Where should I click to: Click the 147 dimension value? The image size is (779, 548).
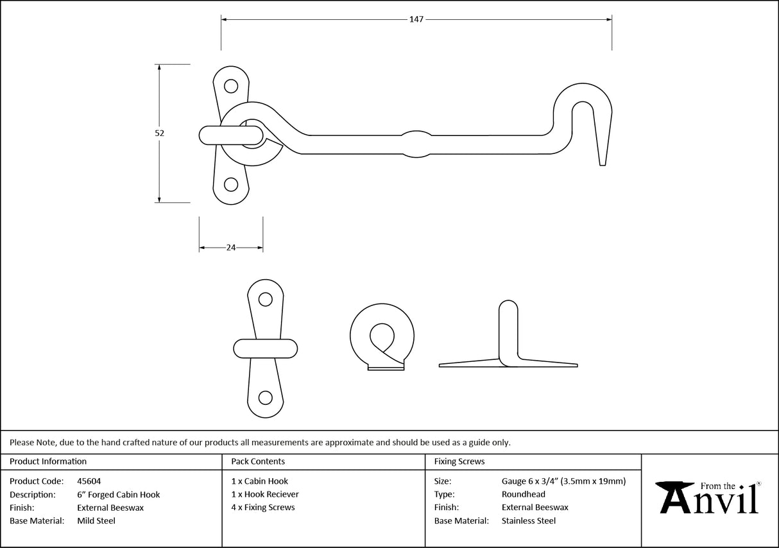click(416, 20)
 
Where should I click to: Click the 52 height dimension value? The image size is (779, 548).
click(160, 133)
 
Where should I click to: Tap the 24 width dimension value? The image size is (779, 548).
click(231, 248)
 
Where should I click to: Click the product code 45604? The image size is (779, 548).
click(89, 481)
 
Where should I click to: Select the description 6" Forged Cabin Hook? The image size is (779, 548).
click(118, 495)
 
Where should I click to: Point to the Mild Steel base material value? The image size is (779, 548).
click(96, 521)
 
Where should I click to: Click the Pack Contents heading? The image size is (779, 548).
click(258, 461)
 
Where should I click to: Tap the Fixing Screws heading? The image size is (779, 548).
click(459, 461)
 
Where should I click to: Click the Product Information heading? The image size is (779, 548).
click(48, 461)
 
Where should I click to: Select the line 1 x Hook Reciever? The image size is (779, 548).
click(265, 495)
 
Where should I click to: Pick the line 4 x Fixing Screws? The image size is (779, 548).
click(263, 508)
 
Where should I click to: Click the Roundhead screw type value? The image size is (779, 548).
click(523, 495)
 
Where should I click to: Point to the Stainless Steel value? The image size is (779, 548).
click(528, 521)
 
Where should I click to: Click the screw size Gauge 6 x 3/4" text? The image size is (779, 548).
click(563, 481)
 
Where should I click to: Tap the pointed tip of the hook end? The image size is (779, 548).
click(602, 163)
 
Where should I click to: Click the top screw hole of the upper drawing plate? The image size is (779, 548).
click(230, 85)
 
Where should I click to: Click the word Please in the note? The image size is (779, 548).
click(21, 442)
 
